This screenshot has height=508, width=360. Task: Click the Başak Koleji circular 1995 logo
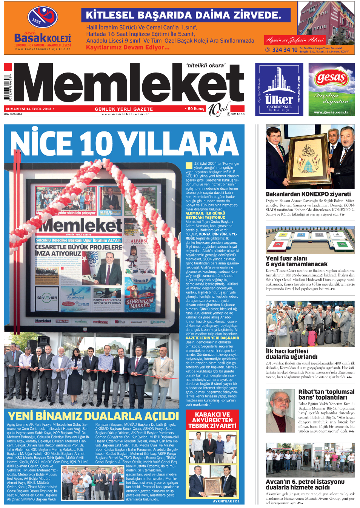coord(42,17)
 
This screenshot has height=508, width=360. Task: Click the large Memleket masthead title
coord(128,84)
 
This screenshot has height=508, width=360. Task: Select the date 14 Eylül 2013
coord(29,109)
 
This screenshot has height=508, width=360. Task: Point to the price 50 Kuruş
coord(196,109)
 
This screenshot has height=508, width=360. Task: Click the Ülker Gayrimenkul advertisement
coord(279,89)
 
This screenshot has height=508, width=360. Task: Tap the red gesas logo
coord(331,79)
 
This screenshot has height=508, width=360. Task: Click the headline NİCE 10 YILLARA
coord(124,144)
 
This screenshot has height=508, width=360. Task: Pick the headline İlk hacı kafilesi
coord(287,351)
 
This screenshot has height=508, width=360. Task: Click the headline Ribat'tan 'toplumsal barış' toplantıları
coord(326,395)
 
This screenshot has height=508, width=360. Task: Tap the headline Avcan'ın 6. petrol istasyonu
coord(305,482)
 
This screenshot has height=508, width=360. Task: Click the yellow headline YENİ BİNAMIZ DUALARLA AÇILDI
coord(93,416)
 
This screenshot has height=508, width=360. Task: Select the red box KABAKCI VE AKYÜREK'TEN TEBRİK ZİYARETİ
coord(212,420)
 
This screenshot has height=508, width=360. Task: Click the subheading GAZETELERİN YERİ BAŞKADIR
coord(212,338)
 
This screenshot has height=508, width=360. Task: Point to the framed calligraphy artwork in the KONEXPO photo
coord(307,158)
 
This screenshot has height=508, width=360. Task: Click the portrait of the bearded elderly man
coord(280,411)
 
